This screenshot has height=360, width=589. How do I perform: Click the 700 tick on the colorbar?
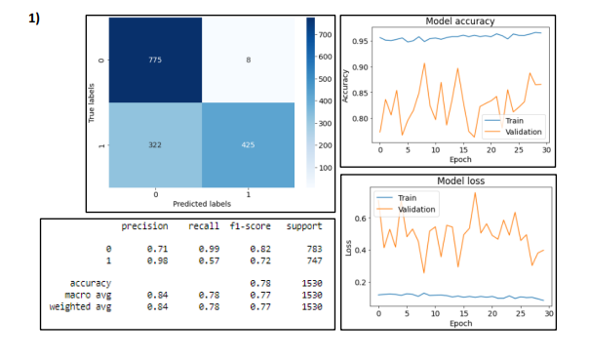click(x=326, y=36)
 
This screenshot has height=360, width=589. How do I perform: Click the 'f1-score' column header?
click(x=251, y=226)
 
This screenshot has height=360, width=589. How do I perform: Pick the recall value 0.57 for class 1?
click(x=204, y=260)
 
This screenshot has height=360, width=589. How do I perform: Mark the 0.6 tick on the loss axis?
click(x=361, y=218)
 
